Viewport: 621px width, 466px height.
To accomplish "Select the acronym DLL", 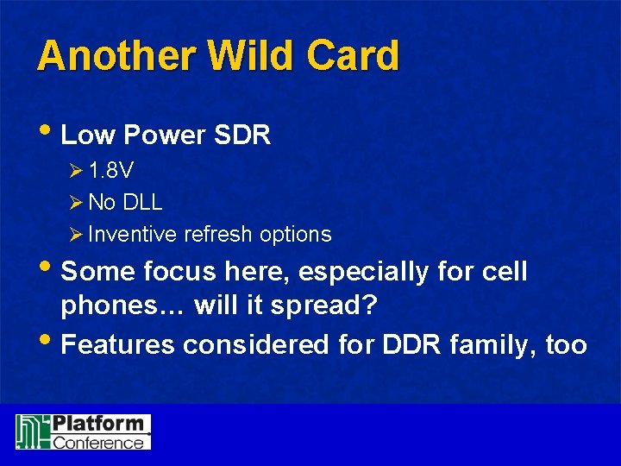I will pyautogui.click(x=143, y=203).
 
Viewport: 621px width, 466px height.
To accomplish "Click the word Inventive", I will pyautogui.click(x=133, y=234).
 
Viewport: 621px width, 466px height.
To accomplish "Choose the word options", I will pyautogui.click(x=296, y=234).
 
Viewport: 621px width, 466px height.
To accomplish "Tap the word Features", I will pyautogui.click(x=120, y=345).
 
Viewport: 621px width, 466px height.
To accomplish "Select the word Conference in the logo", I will pyautogui.click(x=98, y=443).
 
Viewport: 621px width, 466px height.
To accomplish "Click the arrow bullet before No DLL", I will pyautogui.click(x=75, y=203).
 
